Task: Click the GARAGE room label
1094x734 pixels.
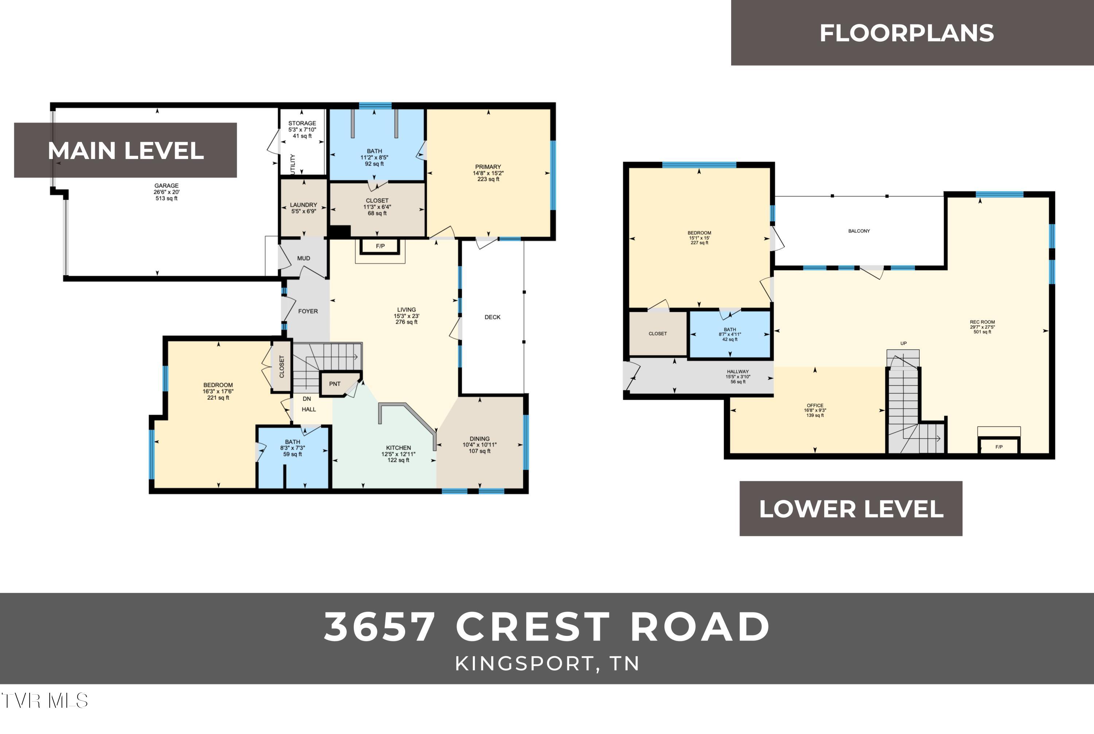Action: click(167, 186)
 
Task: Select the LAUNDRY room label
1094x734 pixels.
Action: click(303, 205)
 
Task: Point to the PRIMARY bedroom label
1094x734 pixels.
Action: click(488, 167)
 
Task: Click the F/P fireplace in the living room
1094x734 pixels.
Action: click(380, 246)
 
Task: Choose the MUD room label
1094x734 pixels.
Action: click(304, 258)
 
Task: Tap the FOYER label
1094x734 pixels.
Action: click(308, 311)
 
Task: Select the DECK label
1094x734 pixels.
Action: click(492, 317)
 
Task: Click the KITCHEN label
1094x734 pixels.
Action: click(398, 448)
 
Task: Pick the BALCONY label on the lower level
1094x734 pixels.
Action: click(859, 231)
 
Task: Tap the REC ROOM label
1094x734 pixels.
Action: click(982, 322)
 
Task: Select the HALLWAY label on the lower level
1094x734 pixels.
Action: click(738, 372)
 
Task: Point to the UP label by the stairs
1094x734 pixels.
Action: click(904, 344)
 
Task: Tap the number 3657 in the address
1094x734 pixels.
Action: click(380, 627)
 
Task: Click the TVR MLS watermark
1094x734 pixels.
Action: click(44, 701)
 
